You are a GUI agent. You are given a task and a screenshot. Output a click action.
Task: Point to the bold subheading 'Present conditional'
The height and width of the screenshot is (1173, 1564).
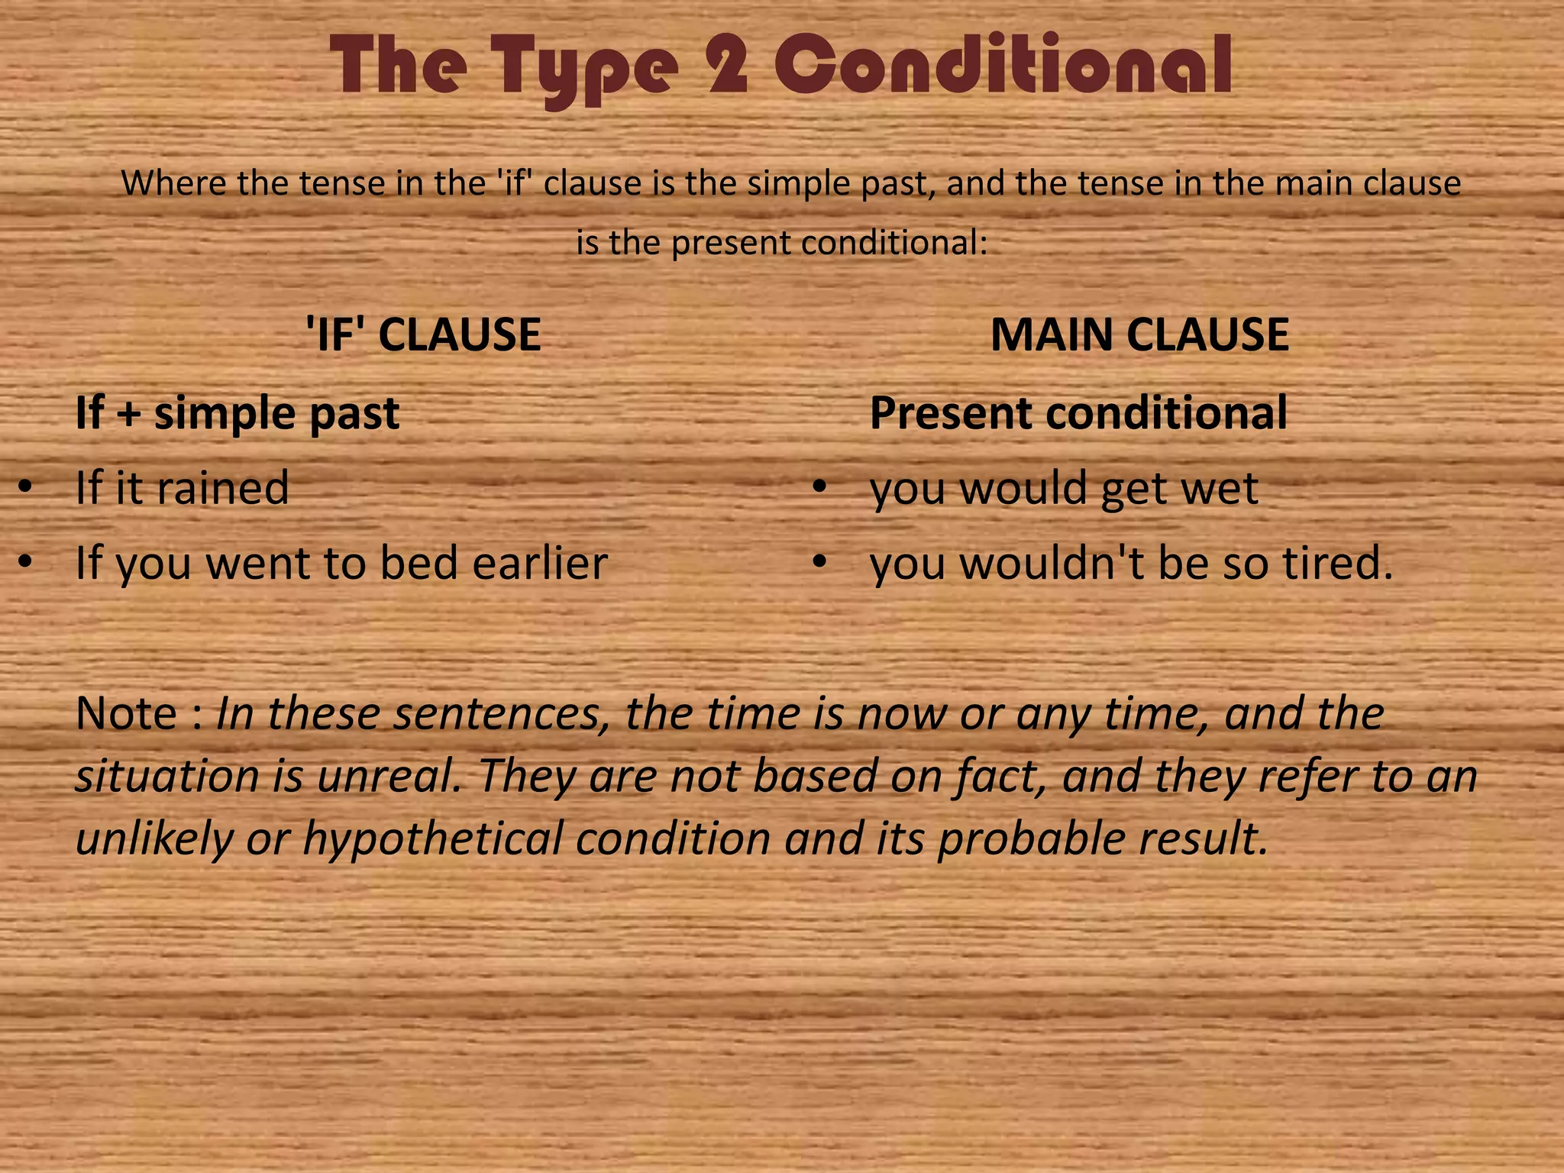click(1078, 413)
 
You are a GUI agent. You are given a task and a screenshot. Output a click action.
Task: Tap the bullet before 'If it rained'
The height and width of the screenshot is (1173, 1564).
click(25, 487)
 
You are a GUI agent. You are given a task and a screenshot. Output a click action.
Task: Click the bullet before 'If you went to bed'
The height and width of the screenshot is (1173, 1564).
click(25, 562)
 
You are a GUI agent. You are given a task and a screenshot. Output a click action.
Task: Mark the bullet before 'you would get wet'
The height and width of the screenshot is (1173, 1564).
click(819, 487)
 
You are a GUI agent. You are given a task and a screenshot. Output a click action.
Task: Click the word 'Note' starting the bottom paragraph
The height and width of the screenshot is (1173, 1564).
click(126, 713)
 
